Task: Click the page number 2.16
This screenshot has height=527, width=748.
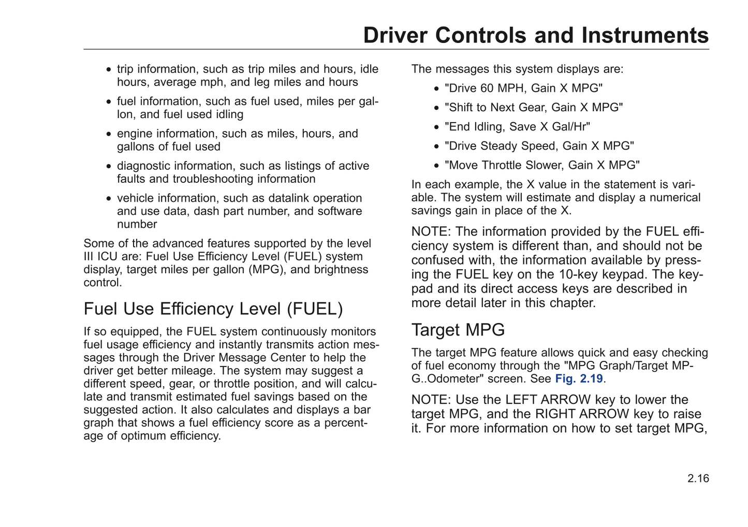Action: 698,478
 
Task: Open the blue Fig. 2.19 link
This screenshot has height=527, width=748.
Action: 579,378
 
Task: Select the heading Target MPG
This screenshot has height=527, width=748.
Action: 458,330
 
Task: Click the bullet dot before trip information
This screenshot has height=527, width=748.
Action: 108,69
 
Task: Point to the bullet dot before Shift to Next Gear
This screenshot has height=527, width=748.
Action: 436,108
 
